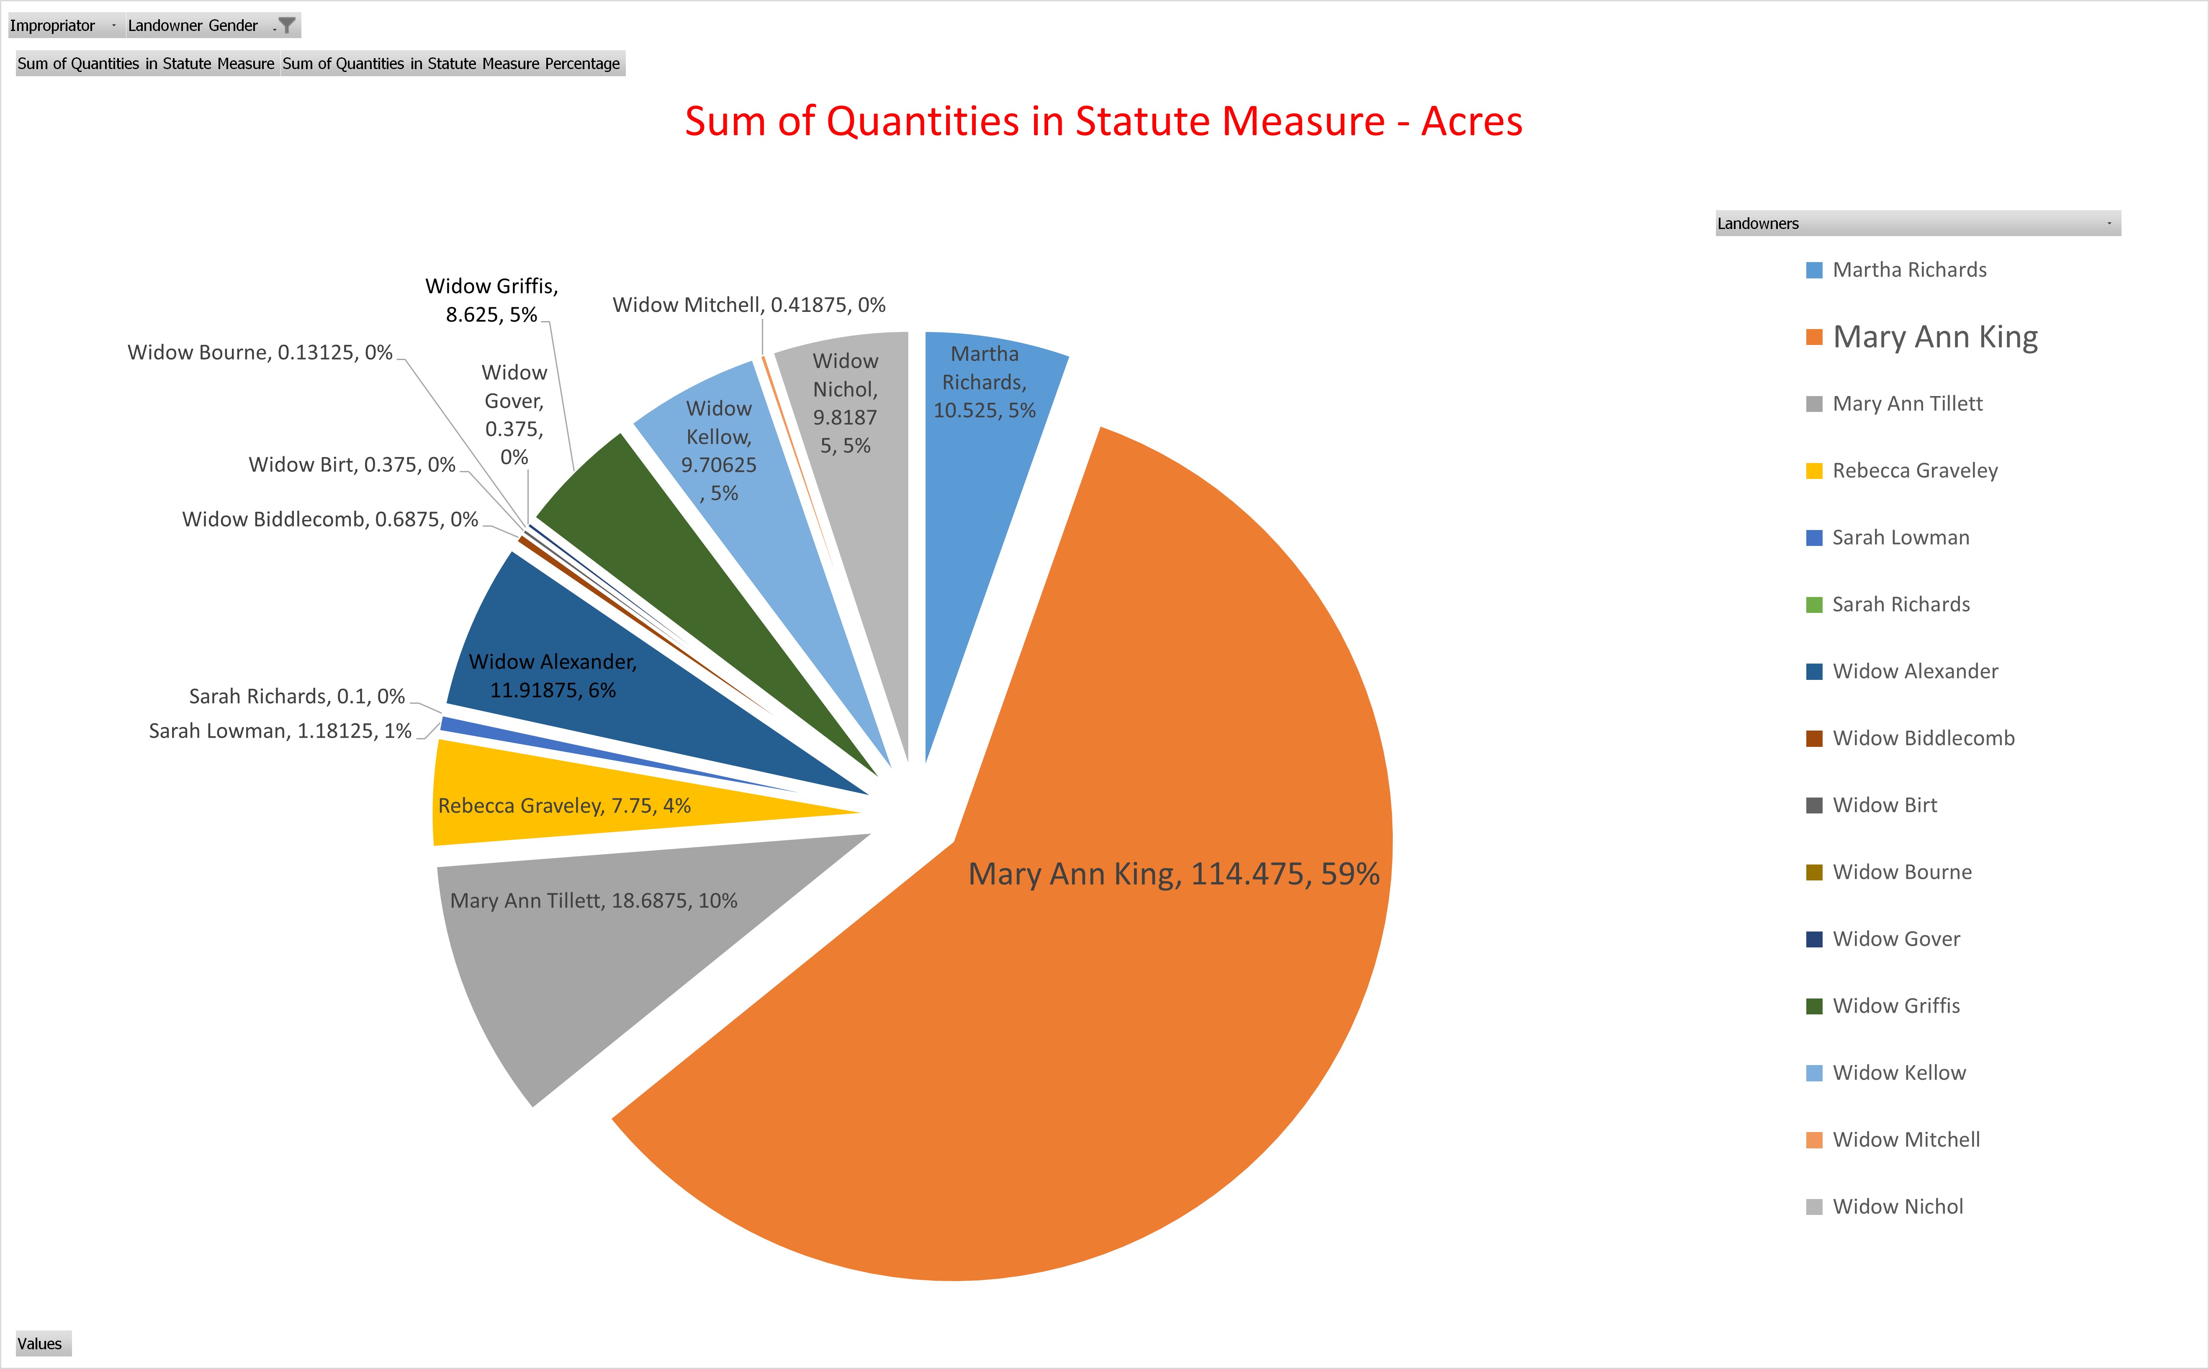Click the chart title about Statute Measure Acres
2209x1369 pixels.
pos(1103,121)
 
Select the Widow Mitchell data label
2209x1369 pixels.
pos(749,305)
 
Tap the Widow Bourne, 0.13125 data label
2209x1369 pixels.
pos(260,352)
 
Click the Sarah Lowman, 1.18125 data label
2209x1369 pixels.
pos(280,731)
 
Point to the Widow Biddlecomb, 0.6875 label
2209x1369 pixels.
pos(329,519)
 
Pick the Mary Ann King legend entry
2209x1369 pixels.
pos(1935,337)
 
